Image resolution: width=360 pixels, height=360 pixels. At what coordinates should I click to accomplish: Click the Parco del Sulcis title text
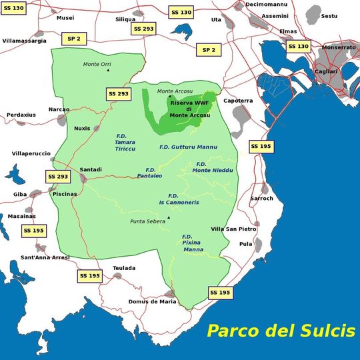pyautogui.click(x=280, y=331)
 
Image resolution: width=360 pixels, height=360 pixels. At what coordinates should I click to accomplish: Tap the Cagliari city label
pyautogui.click(x=326, y=71)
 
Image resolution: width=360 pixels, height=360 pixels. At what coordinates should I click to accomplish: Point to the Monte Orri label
pyautogui.click(x=97, y=64)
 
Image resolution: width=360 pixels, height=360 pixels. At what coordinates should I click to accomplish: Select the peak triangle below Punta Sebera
pyautogui.click(x=169, y=217)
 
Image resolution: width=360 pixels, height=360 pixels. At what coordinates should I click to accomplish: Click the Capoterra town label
pyautogui.click(x=238, y=101)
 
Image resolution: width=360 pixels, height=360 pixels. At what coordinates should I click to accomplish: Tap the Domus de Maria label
pyautogui.click(x=153, y=301)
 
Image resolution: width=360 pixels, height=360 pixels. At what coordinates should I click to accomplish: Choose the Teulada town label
pyautogui.click(x=124, y=268)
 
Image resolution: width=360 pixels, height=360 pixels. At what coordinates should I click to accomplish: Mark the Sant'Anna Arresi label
pyautogui.click(x=45, y=257)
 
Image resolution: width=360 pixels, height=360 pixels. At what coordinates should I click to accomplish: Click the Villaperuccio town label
pyautogui.click(x=31, y=153)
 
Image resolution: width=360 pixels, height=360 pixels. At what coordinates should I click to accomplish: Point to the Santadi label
pyautogui.click(x=91, y=169)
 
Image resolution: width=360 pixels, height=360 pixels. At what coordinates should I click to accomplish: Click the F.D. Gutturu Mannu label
pyautogui.click(x=189, y=147)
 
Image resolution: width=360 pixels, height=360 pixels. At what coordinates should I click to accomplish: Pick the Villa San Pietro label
pyautogui.click(x=234, y=229)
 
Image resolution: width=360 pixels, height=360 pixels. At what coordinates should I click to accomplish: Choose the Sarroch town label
pyautogui.click(x=261, y=198)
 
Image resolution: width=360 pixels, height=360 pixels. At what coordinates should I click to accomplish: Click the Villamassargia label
pyautogui.click(x=25, y=41)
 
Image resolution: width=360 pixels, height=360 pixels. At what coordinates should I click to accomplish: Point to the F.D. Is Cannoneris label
pyautogui.click(x=179, y=199)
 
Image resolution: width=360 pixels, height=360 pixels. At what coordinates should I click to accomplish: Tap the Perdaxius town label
pyautogui.click(x=21, y=115)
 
